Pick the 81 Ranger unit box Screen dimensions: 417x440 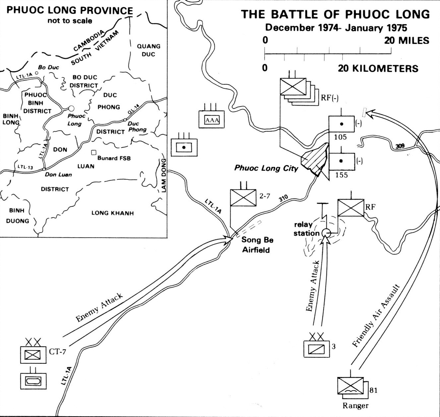pos(350,386)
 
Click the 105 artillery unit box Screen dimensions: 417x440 pos(341,124)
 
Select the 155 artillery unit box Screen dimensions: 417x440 pos(341,161)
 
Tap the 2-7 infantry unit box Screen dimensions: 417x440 pos(243,198)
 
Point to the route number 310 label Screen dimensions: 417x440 pos(283,199)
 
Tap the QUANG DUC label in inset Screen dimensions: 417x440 pos(149,50)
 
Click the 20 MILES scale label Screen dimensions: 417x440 pos(407,40)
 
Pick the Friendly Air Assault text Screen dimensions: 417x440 pos(376,316)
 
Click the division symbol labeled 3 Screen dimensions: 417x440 pos(317,348)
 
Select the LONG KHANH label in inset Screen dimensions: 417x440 pos(113,213)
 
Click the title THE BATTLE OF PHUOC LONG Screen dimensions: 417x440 pos(335,15)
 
